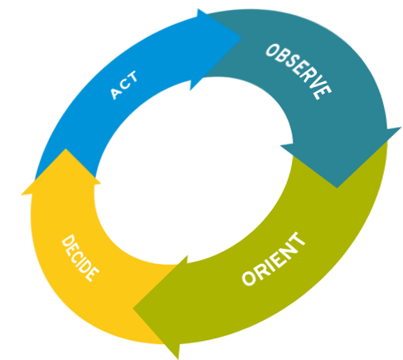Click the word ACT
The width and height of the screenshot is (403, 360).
click(x=124, y=85)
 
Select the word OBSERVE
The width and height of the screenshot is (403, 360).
click(x=299, y=71)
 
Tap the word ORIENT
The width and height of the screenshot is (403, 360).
click(x=274, y=259)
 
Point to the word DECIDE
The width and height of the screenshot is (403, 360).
click(x=80, y=258)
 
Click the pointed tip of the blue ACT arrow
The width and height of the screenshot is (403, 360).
click(x=242, y=37)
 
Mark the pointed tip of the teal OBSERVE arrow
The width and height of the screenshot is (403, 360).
click(x=337, y=188)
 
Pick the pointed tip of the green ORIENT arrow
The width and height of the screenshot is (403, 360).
click(x=134, y=309)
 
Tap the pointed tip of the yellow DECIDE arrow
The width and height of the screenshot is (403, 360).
click(x=66, y=148)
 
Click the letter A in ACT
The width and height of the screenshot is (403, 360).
click(x=116, y=94)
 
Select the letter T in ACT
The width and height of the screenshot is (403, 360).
click(x=132, y=78)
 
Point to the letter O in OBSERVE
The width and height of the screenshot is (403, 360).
click(x=272, y=51)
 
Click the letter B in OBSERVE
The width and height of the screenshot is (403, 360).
click(x=282, y=57)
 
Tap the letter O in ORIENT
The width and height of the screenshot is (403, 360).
click(x=250, y=277)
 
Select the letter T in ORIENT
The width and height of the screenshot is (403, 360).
click(x=298, y=240)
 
